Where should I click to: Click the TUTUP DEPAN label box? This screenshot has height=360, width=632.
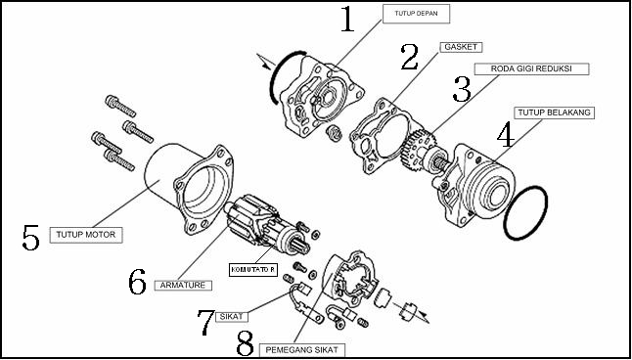416,15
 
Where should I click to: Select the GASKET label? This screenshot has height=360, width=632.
461,47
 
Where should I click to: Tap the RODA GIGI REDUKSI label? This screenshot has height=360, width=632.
531,68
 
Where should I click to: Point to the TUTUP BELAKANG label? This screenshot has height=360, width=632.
554,112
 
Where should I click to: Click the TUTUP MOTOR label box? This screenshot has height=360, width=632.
86,235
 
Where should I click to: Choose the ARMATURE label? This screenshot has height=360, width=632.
183,286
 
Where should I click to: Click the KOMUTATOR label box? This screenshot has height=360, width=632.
253,269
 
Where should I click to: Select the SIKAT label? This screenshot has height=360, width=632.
232,316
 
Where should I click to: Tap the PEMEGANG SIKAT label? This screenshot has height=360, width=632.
302,350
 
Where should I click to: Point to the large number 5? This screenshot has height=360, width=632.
31,238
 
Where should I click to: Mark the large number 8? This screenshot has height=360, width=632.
245,343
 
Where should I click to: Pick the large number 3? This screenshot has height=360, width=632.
462,89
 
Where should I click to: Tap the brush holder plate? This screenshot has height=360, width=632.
350,278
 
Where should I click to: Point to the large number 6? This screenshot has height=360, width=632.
137,282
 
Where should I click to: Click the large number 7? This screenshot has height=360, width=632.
205,323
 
